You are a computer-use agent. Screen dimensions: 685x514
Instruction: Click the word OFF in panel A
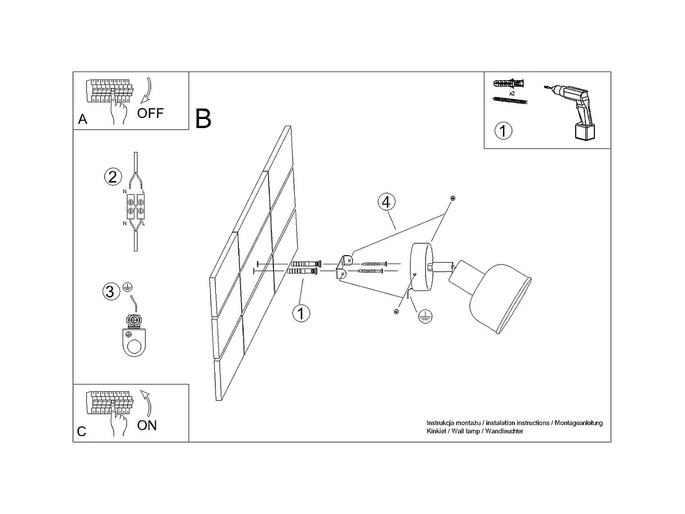pyautogui.click(x=150, y=113)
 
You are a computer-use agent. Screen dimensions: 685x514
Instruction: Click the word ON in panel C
pyautogui.click(x=147, y=425)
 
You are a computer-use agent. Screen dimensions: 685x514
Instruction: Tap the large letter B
pyautogui.click(x=203, y=118)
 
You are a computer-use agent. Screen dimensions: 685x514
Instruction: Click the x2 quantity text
pyautogui.click(x=512, y=93)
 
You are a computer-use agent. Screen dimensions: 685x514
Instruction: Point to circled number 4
pyautogui.click(x=386, y=202)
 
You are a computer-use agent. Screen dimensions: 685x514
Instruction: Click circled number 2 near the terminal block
pyautogui.click(x=112, y=177)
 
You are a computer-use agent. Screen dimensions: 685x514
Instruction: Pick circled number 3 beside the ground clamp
pyautogui.click(x=111, y=291)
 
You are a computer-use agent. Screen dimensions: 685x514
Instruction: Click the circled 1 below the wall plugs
pyautogui.click(x=301, y=313)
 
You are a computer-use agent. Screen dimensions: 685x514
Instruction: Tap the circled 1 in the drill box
pyautogui.click(x=503, y=131)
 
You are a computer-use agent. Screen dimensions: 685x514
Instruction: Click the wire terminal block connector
pyautogui.click(x=136, y=207)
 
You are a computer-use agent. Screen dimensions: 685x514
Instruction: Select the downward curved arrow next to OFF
pyautogui.click(x=147, y=90)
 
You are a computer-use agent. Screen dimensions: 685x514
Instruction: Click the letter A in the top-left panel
pyautogui.click(x=83, y=119)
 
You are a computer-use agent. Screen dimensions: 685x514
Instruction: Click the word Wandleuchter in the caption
pyautogui.click(x=504, y=431)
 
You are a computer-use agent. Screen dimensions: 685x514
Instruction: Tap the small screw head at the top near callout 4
pyautogui.click(x=453, y=198)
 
